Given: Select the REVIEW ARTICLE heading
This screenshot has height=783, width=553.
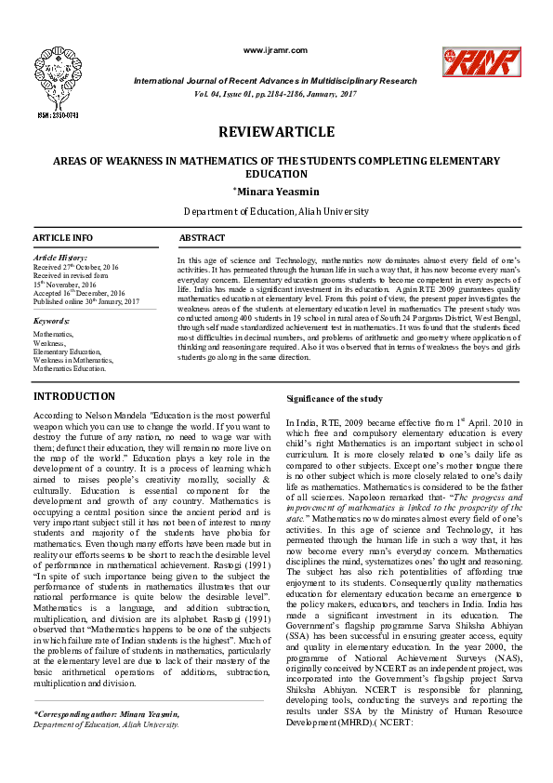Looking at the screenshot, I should (x=276, y=132).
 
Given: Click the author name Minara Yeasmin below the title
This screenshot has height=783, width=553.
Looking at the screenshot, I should (x=276, y=192).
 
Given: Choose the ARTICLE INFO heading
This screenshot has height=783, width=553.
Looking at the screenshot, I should (x=63, y=239).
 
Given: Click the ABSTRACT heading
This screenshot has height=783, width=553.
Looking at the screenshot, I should (x=202, y=239).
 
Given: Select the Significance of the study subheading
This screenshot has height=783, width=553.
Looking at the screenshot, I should (x=335, y=399).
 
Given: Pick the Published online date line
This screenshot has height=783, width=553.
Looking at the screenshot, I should (x=86, y=301).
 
